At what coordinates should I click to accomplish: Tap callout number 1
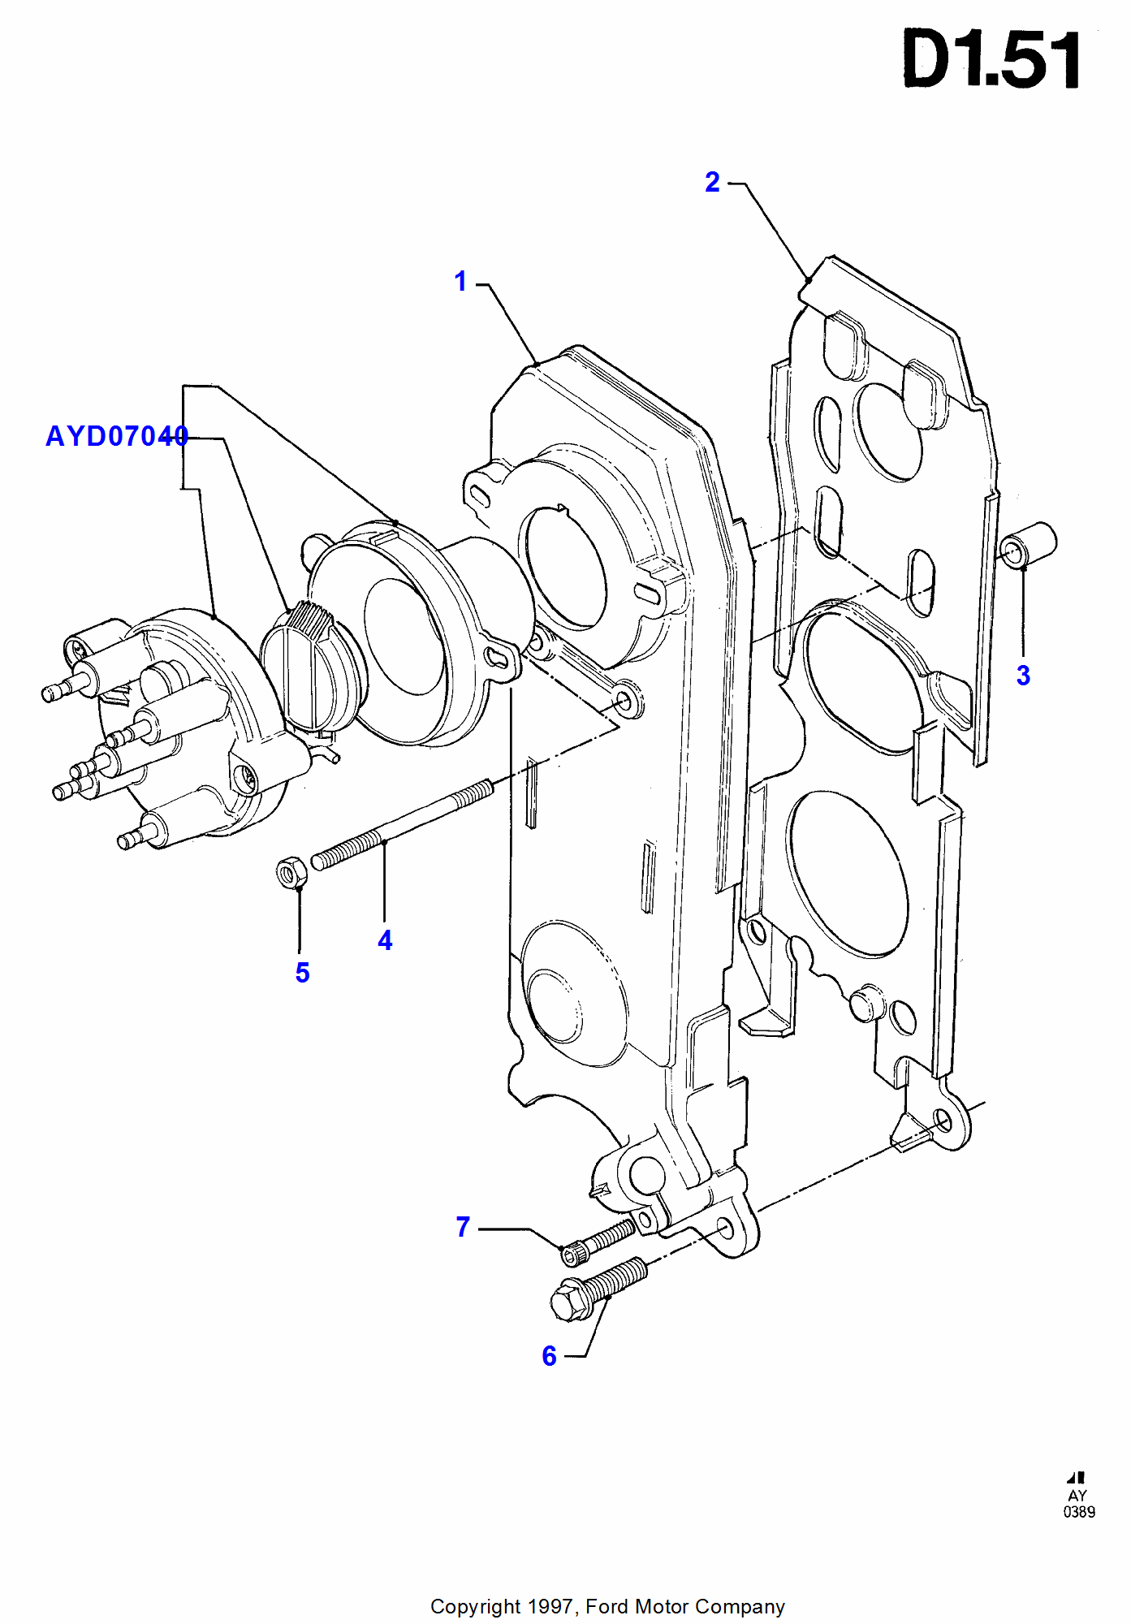(x=460, y=282)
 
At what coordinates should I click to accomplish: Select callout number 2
(x=712, y=182)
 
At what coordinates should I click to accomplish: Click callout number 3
(x=1023, y=676)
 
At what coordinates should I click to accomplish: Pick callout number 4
(x=385, y=940)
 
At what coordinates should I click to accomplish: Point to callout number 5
(x=302, y=973)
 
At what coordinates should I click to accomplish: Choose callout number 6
(x=549, y=1356)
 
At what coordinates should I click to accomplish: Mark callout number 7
(x=463, y=1227)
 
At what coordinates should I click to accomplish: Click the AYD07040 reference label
(x=117, y=437)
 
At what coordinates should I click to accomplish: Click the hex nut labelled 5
(x=290, y=873)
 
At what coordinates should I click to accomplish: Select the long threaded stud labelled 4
(x=402, y=825)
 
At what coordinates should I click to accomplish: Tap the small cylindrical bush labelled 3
(x=1028, y=546)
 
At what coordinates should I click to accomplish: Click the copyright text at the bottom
(x=607, y=1606)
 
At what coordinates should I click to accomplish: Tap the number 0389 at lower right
(x=1079, y=1512)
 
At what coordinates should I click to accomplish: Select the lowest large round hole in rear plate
(x=847, y=873)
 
